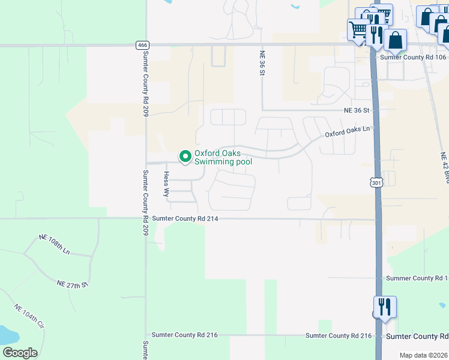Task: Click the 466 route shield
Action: [142, 44]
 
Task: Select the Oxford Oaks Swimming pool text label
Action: [223, 157]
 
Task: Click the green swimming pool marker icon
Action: [185, 157]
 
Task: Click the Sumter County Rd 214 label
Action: [184, 219]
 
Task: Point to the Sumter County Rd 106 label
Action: [414, 57]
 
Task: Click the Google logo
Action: [20, 352]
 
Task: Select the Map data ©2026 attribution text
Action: [423, 355]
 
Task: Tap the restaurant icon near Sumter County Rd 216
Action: [385, 307]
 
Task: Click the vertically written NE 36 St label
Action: [262, 63]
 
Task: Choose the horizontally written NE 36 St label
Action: [357, 110]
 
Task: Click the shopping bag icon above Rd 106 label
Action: [396, 40]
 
